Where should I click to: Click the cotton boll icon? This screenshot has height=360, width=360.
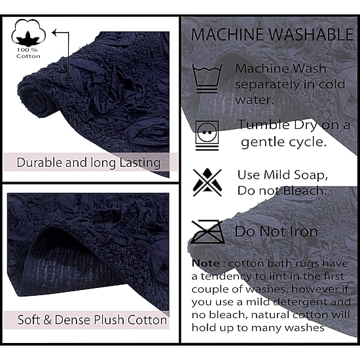point(28,33)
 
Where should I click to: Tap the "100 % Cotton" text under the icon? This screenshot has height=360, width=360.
point(28,53)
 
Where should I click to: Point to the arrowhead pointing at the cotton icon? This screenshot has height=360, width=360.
point(54,33)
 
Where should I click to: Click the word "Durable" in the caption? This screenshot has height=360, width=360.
point(39,162)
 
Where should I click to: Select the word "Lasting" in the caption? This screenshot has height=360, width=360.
point(140,163)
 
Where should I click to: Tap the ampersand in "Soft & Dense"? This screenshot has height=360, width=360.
point(47,320)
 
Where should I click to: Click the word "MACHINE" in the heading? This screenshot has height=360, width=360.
point(228,35)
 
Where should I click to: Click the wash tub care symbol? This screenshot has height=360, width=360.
point(207,79)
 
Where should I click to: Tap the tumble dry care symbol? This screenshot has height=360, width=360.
point(207,135)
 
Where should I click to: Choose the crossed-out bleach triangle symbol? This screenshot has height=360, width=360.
point(207,183)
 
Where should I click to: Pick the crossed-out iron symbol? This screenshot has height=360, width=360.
point(207,232)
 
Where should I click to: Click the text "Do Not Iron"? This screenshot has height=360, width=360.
point(276,231)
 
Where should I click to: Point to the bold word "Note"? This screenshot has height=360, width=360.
point(206,263)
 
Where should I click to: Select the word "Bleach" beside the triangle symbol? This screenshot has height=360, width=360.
point(304,190)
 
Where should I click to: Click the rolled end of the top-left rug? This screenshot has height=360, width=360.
point(37,98)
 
